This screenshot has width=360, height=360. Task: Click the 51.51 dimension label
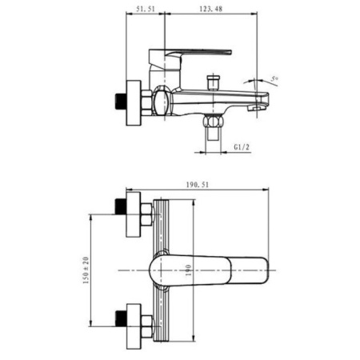point(146,9)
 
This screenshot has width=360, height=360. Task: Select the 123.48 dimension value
point(210,9)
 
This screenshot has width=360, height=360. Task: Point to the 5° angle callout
point(274,78)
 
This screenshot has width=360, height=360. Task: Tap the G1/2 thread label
point(242,147)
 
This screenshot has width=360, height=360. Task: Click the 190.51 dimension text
point(198,185)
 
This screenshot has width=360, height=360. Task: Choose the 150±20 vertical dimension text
point(86,270)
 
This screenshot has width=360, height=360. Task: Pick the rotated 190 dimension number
point(188,270)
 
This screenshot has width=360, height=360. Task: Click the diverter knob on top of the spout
point(214,82)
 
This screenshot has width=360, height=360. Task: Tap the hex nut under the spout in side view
point(213,121)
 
